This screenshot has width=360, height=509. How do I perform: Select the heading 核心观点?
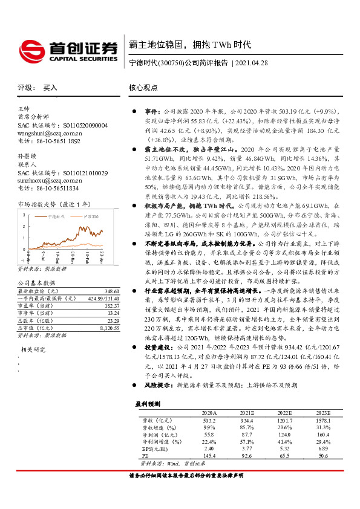(x=143, y=88)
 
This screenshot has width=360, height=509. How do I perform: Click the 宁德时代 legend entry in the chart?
(x=56, y=216)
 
